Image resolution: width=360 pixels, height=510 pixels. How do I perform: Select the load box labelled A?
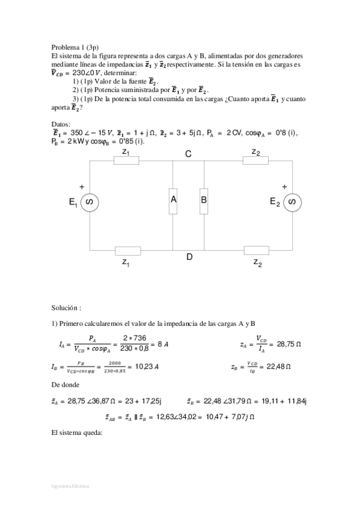click(173, 200)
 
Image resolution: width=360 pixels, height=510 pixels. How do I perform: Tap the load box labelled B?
click(204, 200)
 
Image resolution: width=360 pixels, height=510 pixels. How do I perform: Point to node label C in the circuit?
click(188, 155)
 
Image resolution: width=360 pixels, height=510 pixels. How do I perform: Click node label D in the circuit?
click(189, 257)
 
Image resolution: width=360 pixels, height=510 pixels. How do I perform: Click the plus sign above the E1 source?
click(82, 187)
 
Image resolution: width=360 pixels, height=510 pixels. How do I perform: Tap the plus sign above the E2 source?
click(284, 186)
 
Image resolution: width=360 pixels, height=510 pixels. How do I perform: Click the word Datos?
click(61, 124)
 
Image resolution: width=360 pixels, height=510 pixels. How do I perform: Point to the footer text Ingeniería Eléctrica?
click(70, 485)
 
